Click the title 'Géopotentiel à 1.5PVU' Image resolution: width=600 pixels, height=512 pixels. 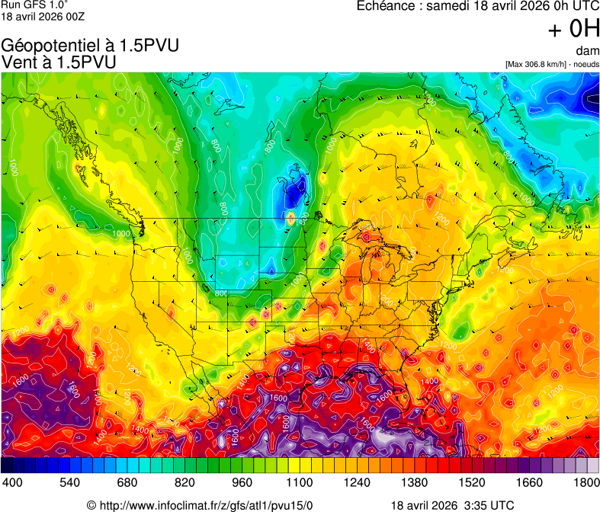pyautogui.click(x=91, y=46)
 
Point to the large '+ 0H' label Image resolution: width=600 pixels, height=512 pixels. pyautogui.click(x=573, y=29)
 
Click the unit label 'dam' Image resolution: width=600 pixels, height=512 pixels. pyautogui.click(x=587, y=51)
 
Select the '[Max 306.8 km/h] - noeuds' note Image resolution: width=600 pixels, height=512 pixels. pyautogui.click(x=552, y=64)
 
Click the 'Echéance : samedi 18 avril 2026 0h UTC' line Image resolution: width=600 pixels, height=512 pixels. pyautogui.click(x=478, y=7)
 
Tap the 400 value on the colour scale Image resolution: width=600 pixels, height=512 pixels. pyautogui.click(x=12, y=482)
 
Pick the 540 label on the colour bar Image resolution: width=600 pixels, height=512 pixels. pyautogui.click(x=69, y=482)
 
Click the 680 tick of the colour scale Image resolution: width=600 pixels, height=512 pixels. pyautogui.click(x=127, y=482)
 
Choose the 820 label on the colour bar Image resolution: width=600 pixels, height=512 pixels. pyautogui.click(x=184, y=482)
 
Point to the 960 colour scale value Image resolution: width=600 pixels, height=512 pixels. pyautogui.click(x=242, y=482)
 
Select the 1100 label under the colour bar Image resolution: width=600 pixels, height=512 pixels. pyautogui.click(x=300, y=482)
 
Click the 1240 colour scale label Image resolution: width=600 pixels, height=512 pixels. pyautogui.click(x=358, y=482)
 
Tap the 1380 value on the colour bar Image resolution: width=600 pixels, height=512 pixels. pyautogui.click(x=415, y=482)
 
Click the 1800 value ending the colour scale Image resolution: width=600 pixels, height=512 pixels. pyautogui.click(x=586, y=482)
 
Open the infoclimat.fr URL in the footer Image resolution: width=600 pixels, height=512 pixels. pyautogui.click(x=200, y=504)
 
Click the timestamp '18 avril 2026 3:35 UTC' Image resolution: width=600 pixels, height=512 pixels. pyautogui.click(x=452, y=504)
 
